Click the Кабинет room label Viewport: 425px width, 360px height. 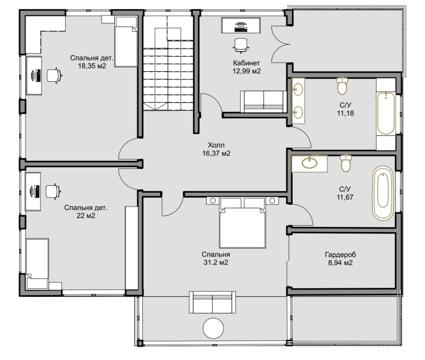246,63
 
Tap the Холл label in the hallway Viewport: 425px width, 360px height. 216,145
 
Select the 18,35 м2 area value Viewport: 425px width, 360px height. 92,66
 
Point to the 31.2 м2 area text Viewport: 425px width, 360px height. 216,262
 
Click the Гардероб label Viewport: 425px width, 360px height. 341,255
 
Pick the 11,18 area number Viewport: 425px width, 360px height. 346,113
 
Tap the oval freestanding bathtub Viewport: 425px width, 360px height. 382,193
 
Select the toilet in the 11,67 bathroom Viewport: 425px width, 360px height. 346,164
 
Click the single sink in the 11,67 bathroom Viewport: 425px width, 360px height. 309,163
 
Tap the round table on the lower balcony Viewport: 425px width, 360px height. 214,328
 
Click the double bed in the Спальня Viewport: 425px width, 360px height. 242,222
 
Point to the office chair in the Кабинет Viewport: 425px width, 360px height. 241,45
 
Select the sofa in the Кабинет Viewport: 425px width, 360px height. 263,101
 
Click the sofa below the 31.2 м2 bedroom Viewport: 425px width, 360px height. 212,302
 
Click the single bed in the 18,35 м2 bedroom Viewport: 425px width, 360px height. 126,41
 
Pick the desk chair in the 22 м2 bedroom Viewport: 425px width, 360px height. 53,192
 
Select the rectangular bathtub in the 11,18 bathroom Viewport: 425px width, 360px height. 386,114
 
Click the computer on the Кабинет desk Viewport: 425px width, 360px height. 241,27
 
